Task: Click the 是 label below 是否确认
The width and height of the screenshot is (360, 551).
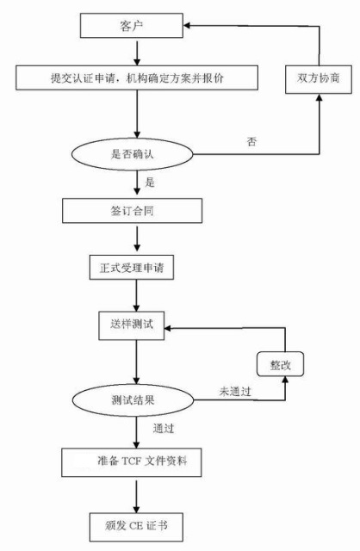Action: coord(151,183)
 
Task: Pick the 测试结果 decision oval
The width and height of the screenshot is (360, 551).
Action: coord(136,400)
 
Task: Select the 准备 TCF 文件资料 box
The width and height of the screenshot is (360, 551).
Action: coord(136,461)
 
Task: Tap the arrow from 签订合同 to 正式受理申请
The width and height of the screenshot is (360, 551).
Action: coord(136,239)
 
